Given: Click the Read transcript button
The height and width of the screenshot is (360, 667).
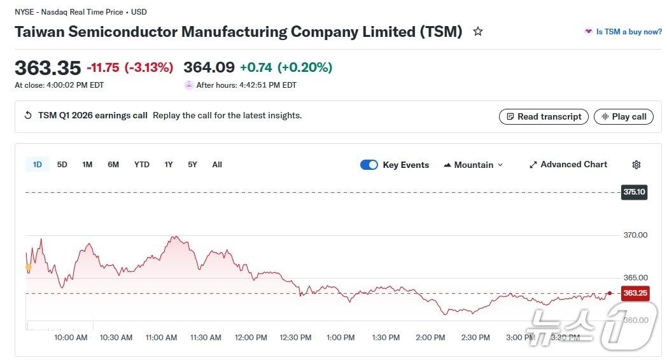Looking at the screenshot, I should click(x=544, y=116).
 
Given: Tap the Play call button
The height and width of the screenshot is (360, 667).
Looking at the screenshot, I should click(x=623, y=116).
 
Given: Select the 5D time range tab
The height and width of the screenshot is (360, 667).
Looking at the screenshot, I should click(x=62, y=165).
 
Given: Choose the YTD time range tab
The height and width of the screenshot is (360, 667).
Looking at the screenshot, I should click(x=141, y=165).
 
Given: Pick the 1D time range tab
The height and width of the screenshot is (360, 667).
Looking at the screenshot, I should click(x=38, y=165).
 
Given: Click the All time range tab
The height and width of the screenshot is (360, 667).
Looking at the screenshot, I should click(x=217, y=165).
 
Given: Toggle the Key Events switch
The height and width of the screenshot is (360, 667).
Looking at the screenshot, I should click(x=369, y=165).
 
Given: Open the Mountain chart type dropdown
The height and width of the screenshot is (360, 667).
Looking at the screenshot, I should click(x=473, y=165).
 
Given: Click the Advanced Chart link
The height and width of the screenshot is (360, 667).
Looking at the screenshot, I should click(x=568, y=164).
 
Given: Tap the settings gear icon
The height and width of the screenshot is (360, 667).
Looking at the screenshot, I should click(x=636, y=165).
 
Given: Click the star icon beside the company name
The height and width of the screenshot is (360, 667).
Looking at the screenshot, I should click(x=478, y=31).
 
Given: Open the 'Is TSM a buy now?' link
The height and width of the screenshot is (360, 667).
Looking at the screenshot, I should click(x=623, y=32).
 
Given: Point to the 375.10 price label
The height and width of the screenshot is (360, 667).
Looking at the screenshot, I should click(x=634, y=192).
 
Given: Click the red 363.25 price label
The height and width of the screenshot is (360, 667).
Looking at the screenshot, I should click(x=635, y=293).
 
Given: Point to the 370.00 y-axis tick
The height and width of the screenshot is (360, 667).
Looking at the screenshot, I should click(x=635, y=235).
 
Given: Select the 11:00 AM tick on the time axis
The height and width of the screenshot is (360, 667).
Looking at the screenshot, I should click(x=161, y=338).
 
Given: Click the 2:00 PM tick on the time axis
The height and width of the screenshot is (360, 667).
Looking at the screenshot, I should click(x=430, y=338).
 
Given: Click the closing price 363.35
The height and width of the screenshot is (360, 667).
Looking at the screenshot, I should click(x=48, y=68).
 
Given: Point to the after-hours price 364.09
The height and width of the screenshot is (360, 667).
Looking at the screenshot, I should click(x=209, y=67).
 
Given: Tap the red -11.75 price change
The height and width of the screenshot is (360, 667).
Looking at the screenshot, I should click(x=102, y=67).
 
